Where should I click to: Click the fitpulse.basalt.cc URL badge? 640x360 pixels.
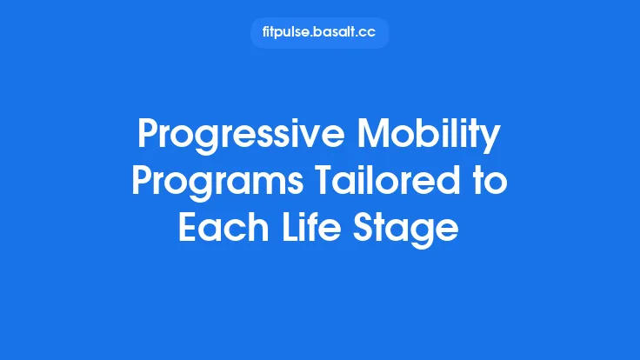coord(319,33)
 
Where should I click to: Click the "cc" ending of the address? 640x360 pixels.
coord(369,33)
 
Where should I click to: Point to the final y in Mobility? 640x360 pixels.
coord(492,142)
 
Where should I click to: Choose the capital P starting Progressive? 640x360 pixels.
coord(149,137)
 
